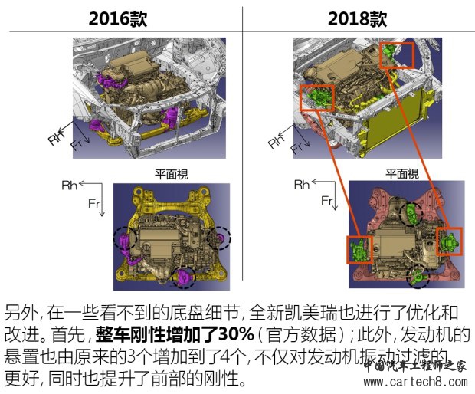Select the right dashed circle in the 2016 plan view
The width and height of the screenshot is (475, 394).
point(220,238)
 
